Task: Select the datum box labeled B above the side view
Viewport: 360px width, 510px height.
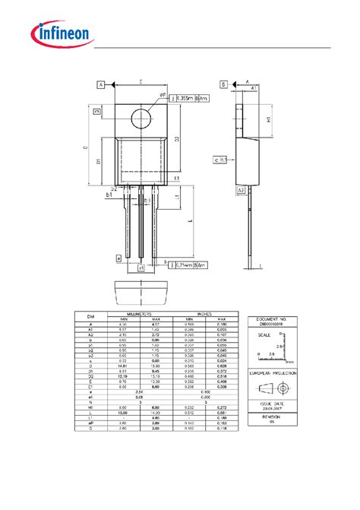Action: click(x=223, y=84)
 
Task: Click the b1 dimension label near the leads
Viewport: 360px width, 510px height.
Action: click(x=109, y=195)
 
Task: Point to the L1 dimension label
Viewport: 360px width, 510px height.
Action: click(x=176, y=196)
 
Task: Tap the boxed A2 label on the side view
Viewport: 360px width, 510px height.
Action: click(x=241, y=190)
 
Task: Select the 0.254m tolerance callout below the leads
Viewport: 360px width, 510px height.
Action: click(x=186, y=265)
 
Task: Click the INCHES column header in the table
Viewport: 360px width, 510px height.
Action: click(x=205, y=313)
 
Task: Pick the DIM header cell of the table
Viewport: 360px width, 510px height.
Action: click(x=90, y=316)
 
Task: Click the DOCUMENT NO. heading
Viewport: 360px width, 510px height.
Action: click(x=272, y=320)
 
